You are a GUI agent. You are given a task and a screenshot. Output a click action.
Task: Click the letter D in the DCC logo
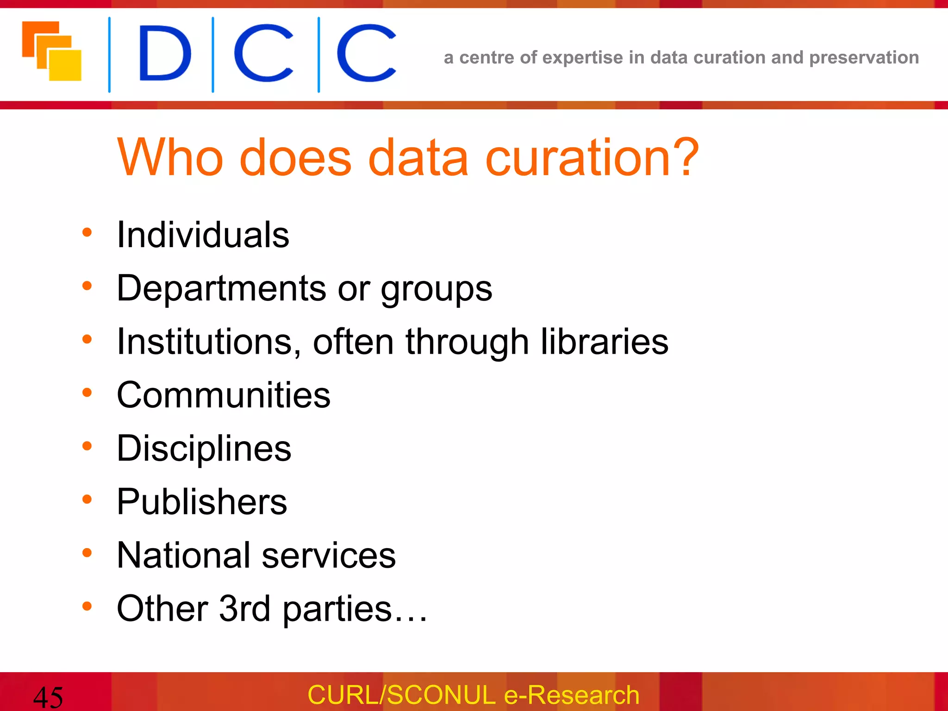165,53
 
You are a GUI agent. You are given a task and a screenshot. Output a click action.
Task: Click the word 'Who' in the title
170,158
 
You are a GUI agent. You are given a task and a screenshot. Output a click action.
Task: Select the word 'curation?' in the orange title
592,158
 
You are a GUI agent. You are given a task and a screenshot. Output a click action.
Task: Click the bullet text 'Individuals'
203,235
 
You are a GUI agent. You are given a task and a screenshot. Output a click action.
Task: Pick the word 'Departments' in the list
221,288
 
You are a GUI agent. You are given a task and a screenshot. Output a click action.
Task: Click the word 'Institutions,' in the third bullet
209,342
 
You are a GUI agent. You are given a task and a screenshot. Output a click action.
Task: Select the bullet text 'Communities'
224,395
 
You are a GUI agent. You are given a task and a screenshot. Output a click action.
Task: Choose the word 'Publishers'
202,502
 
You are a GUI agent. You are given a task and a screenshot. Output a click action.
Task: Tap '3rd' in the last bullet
244,609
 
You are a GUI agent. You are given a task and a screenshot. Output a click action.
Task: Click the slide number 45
48,697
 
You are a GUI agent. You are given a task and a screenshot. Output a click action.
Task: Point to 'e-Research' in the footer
571,695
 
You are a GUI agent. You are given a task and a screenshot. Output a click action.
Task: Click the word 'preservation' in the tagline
864,58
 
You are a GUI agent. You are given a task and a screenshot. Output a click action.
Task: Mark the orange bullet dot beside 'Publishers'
87,499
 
